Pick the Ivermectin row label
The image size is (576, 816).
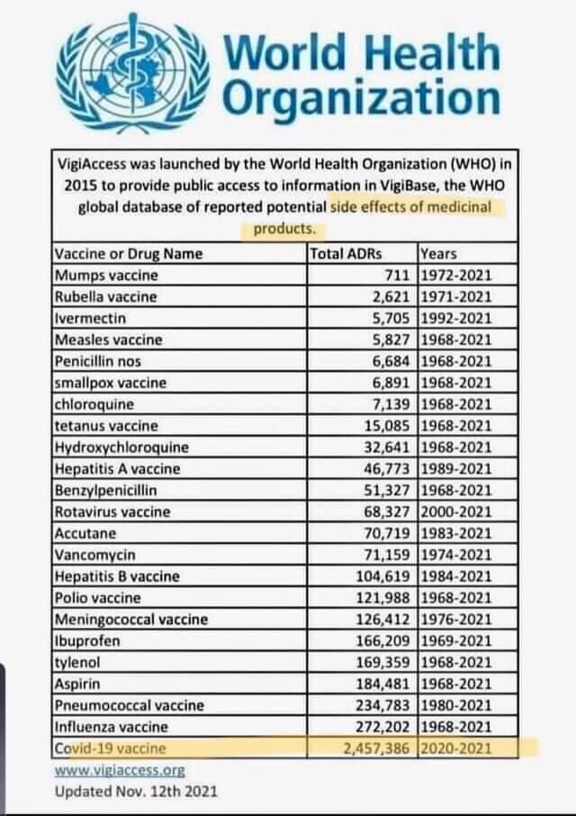pyautogui.click(x=90, y=318)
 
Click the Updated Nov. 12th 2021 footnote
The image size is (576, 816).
pyautogui.click(x=136, y=792)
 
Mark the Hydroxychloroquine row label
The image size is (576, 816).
pyautogui.click(x=121, y=447)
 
